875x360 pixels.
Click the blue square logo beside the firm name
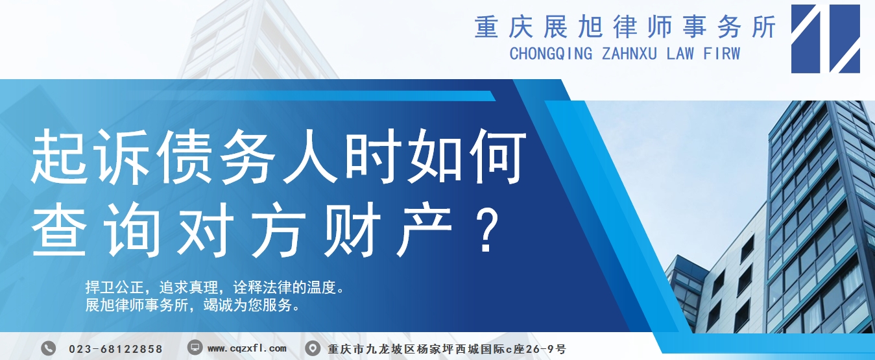click(826, 39)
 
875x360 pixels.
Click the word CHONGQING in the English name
click(551, 54)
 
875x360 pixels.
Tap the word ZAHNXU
click(629, 53)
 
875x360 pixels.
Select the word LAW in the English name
click(680, 53)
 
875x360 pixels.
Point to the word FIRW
click(721, 53)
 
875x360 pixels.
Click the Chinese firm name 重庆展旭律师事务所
click(625, 27)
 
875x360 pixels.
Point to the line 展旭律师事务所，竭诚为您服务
click(193, 305)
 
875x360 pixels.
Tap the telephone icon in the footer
click(49, 348)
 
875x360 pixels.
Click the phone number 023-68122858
click(115, 349)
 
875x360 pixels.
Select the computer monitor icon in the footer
click(195, 347)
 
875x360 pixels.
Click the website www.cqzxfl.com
click(247, 348)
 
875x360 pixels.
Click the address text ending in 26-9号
click(447, 349)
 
